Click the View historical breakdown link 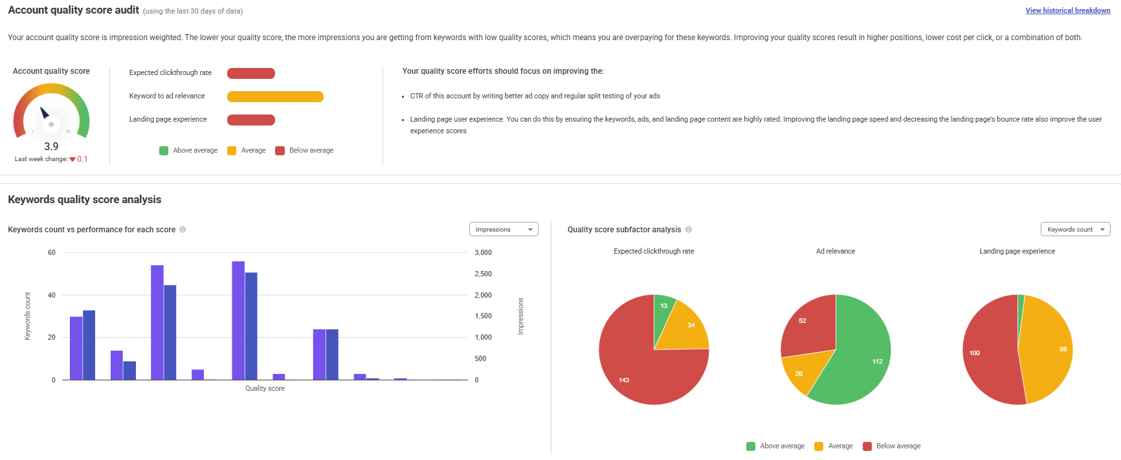(1067, 10)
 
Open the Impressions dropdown (504, 230)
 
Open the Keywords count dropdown (1075, 230)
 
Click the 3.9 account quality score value (51, 146)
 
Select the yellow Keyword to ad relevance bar (275, 96)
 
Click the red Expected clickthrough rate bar (251, 73)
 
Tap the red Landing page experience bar (251, 120)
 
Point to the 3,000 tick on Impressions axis (483, 252)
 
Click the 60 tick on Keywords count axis (52, 252)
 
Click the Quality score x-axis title (265, 388)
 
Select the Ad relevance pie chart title (835, 251)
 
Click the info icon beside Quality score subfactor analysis (689, 230)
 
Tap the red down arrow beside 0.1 (72, 159)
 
